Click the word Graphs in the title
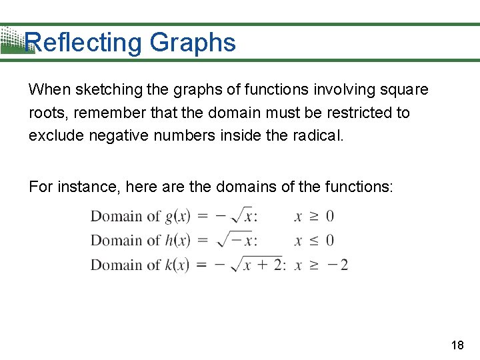(193, 43)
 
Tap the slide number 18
(457, 345)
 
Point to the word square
(406, 89)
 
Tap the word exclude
(55, 136)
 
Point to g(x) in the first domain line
(178, 216)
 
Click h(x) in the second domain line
(178, 240)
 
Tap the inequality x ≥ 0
(314, 216)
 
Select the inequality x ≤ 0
(314, 240)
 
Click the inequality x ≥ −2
(321, 265)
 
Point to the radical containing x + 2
(257, 264)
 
